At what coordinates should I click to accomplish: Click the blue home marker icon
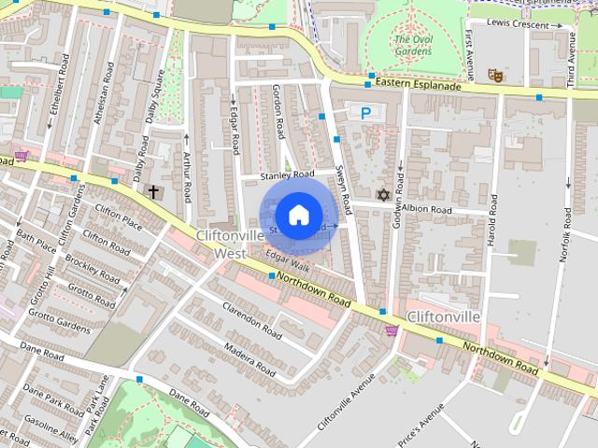[298, 216]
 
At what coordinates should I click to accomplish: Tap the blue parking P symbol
[365, 113]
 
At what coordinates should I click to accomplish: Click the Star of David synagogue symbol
[382, 194]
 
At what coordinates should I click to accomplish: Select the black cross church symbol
[153, 192]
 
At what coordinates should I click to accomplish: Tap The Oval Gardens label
[413, 45]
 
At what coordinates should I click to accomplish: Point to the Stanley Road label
[288, 175]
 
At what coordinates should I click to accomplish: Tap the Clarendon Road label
[251, 319]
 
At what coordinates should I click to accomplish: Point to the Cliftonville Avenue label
[346, 401]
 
